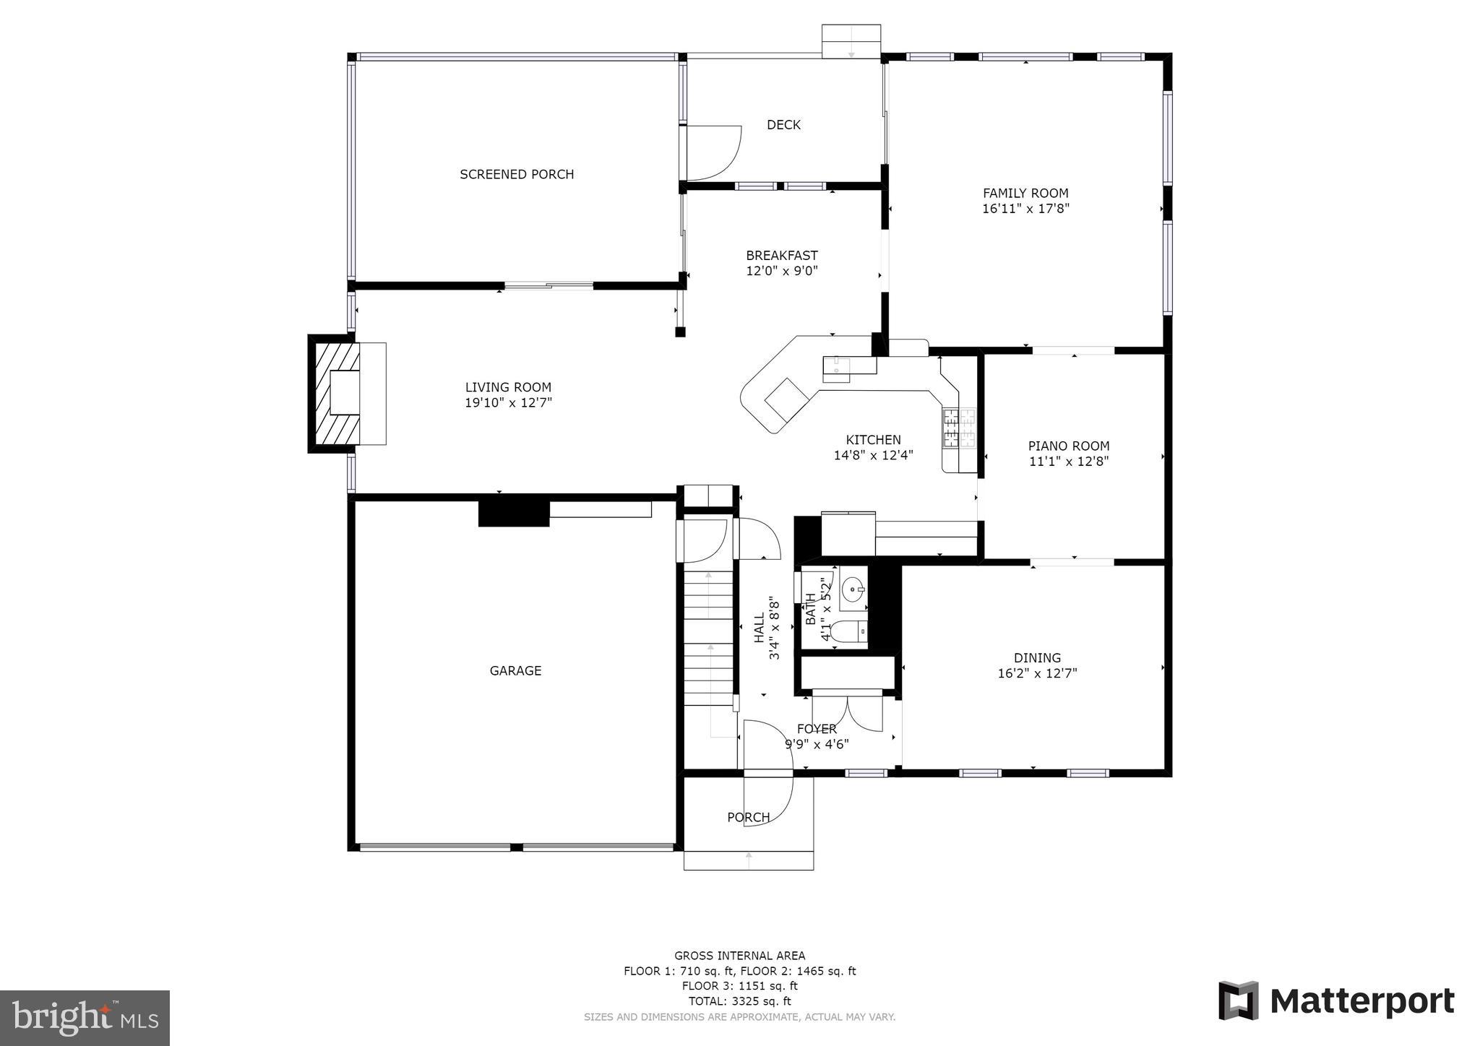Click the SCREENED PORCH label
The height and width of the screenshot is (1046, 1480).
(517, 174)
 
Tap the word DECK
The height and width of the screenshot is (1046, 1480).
(783, 125)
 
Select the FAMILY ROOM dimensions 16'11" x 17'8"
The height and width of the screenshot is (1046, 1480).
(1025, 209)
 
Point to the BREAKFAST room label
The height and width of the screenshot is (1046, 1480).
(782, 255)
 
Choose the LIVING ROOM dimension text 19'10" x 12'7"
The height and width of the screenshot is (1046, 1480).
(508, 402)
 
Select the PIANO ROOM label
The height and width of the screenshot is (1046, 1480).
(1069, 446)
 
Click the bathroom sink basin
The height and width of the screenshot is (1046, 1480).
(854, 589)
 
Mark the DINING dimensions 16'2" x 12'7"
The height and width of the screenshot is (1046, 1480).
(1037, 673)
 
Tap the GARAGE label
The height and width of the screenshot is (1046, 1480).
(515, 671)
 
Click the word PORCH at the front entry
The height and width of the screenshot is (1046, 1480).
(748, 817)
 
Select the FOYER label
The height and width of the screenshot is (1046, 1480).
(817, 729)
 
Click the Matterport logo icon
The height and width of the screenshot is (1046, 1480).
(1239, 1001)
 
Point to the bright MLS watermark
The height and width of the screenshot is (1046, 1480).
(85, 1017)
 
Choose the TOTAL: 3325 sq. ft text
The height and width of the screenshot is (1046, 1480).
(739, 1001)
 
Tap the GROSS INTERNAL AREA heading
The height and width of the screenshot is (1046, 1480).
(739, 956)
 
